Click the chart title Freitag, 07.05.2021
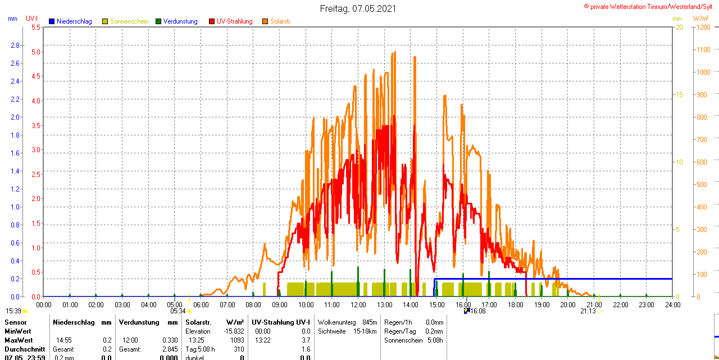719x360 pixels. tap(358, 8)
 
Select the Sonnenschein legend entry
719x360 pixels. tap(129, 21)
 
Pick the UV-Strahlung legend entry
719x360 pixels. tap(234, 21)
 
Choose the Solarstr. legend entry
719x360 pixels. tap(280, 21)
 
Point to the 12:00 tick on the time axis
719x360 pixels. tap(358, 305)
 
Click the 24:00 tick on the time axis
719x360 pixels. tap(672, 305)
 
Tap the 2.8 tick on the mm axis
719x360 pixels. tap(15, 45)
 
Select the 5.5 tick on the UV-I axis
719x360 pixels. tap(35, 28)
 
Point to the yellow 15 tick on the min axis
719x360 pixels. tap(679, 95)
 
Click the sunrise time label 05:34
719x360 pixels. tap(178, 311)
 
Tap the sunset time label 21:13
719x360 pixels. tap(588, 311)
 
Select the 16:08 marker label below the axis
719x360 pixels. tap(477, 311)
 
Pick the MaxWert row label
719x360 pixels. tap(19, 340)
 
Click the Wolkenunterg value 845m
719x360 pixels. tap(370, 322)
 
